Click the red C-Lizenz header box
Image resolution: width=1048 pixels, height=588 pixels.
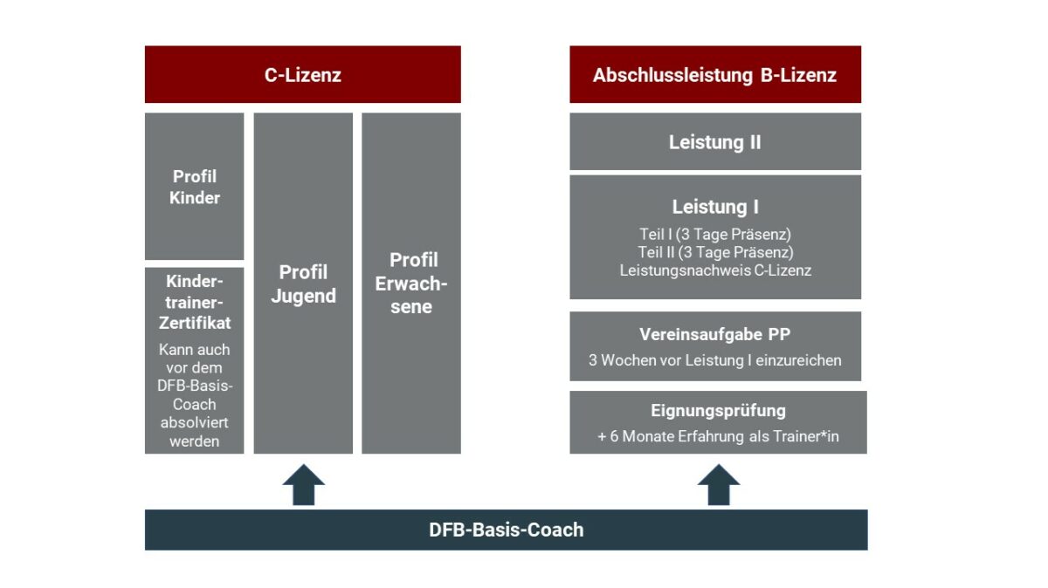click(302, 75)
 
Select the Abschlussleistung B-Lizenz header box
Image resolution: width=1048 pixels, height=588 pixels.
click(714, 75)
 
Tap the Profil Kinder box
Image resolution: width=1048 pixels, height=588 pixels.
click(195, 187)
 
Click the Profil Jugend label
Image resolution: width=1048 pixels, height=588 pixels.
click(303, 284)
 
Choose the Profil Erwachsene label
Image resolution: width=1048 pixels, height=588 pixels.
click(411, 283)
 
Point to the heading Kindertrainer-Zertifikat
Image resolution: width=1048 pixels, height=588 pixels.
click(195, 302)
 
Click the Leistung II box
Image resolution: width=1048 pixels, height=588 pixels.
click(714, 141)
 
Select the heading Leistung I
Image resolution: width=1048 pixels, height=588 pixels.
click(714, 207)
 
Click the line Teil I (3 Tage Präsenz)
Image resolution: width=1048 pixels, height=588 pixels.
click(714, 235)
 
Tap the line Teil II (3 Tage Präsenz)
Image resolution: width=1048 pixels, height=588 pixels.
click(714, 252)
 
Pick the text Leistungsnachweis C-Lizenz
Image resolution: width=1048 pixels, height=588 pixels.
click(714, 270)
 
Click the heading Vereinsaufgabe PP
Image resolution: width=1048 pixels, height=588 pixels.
click(714, 334)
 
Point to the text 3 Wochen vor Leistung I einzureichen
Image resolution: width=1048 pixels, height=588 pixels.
click(714, 359)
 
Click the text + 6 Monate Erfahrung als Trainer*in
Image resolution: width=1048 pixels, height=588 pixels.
click(718, 436)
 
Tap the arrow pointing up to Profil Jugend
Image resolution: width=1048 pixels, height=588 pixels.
click(303, 484)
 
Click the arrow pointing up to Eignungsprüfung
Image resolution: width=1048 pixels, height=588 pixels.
click(718, 484)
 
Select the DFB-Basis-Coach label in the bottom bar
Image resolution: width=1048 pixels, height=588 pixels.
click(506, 530)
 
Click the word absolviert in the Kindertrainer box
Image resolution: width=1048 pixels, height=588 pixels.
click(195, 423)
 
